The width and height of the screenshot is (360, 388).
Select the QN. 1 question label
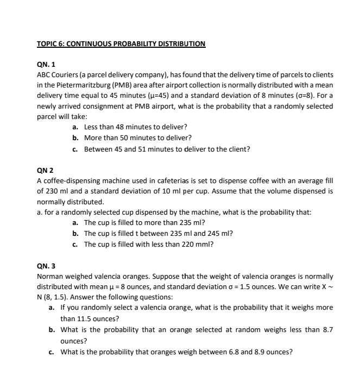[46, 64]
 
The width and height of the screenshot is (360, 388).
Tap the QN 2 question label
[45, 170]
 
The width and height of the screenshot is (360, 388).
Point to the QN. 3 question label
[46, 266]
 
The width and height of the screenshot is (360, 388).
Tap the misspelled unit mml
[204, 245]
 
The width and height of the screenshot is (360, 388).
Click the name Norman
[50, 277]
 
